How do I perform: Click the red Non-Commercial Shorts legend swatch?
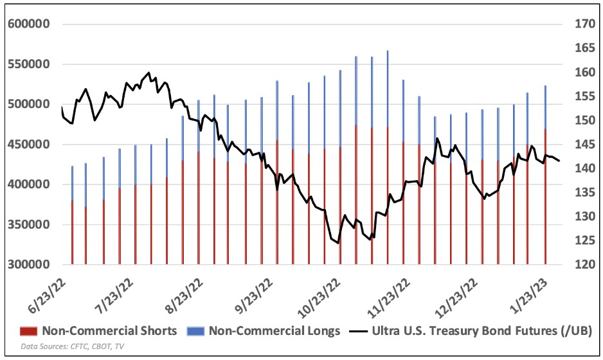[x=28, y=331]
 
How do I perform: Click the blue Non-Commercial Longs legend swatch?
[x=195, y=331]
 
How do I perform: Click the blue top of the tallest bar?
[x=388, y=53]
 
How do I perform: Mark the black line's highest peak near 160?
[x=148, y=73]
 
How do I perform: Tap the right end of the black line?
[x=559, y=161]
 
